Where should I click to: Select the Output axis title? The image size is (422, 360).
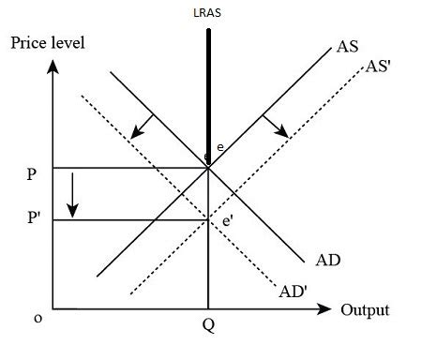point(365,310)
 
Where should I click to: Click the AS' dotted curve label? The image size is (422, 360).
point(379,66)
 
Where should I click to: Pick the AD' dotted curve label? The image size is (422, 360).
point(294,291)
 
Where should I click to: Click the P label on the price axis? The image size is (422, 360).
point(34,173)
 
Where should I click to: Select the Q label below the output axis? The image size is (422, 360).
point(208,329)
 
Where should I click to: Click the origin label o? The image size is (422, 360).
point(38,318)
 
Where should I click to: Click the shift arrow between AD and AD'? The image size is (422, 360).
point(142,125)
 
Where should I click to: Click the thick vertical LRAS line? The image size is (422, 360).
point(208,94)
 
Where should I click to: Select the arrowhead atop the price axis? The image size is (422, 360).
point(56,67)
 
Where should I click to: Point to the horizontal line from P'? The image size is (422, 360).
point(131,219)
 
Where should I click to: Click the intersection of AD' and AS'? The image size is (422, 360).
point(208,220)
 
